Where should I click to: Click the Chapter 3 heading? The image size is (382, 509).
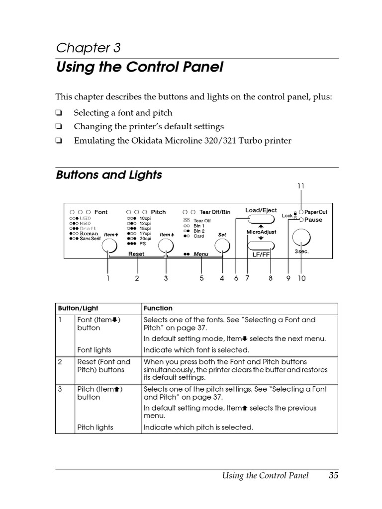coord(88,48)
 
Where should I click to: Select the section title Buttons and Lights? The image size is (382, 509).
coord(109,175)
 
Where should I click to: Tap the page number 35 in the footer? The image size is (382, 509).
coord(333,476)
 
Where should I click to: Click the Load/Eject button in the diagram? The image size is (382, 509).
coord(261,220)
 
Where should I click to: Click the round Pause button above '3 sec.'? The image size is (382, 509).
coord(300,238)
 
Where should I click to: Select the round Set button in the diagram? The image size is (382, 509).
coord(222,246)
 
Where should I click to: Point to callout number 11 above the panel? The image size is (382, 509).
coord(301,186)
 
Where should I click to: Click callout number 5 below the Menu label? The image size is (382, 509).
coord(202,278)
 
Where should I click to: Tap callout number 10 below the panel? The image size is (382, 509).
coord(302,278)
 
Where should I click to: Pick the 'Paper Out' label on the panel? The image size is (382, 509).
coord(316,212)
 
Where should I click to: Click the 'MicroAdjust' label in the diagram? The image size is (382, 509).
coord(261,232)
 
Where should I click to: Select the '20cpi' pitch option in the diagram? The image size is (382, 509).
coord(145,239)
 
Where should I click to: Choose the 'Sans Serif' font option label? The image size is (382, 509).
coord(90,239)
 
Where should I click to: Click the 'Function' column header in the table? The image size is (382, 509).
coord(158,308)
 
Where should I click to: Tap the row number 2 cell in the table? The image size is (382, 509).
coord(60,362)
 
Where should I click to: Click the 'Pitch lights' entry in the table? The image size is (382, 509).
coord(95,427)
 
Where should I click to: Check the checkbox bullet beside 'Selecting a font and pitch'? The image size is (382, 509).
coord(59,113)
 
